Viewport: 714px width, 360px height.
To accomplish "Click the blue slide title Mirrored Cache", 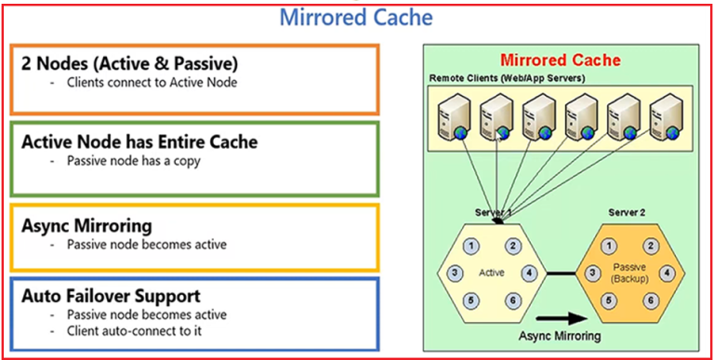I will [357, 16].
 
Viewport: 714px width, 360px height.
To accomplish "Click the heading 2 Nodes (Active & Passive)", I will [129, 64].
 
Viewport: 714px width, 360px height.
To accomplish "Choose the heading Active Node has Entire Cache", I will [139, 141].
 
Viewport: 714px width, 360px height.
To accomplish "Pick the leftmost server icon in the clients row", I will [451, 116].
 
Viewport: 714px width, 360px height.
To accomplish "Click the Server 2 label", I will [627, 213].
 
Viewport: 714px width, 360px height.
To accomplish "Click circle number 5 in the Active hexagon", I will [471, 300].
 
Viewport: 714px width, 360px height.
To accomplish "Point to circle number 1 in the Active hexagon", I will [471, 246].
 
